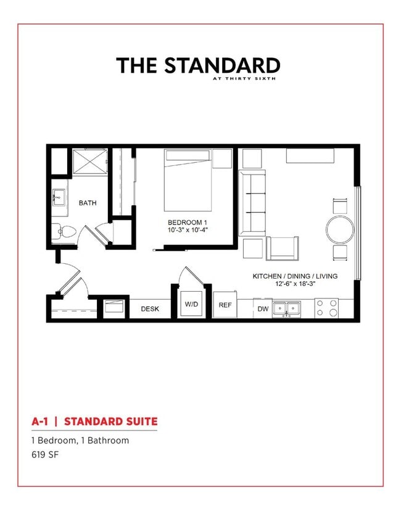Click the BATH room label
point(88,203)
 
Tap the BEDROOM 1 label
point(186,222)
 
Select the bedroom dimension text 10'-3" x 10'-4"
point(186,230)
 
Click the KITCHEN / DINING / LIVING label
point(295,276)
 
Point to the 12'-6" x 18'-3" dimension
point(295,285)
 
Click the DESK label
point(151,309)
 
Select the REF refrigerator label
point(225,305)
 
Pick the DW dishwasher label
point(263,309)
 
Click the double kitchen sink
point(286,308)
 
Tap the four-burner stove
point(326,308)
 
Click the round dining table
point(339,229)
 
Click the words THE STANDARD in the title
point(198,65)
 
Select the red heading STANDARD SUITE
point(110,422)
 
